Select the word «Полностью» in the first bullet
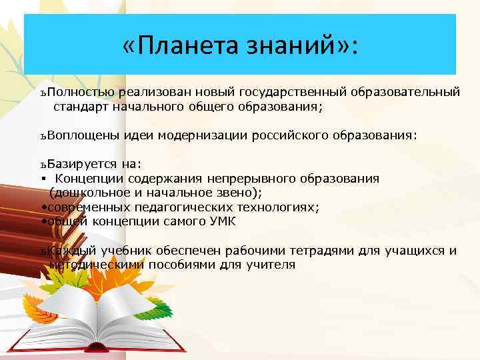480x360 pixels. pyautogui.click(x=82, y=91)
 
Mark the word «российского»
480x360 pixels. pyautogui.click(x=287, y=135)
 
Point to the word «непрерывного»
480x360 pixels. pyautogui.click(x=241, y=179)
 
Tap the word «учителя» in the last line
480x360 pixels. pyautogui.click(x=271, y=265)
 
